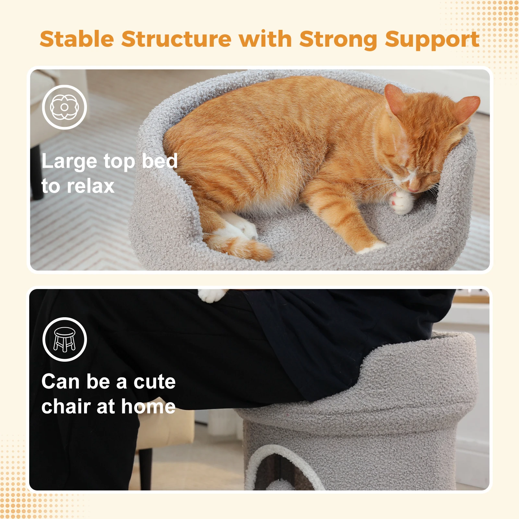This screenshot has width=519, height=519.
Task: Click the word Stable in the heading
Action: [77, 39]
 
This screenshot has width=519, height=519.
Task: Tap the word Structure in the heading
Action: [177, 39]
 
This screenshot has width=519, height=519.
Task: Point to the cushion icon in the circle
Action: [65, 107]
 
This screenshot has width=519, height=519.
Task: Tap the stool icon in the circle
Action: [65, 339]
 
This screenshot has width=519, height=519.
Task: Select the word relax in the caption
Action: [91, 186]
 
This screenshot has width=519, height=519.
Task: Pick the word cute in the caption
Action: [155, 381]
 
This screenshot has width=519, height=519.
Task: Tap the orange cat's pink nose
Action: [412, 189]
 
